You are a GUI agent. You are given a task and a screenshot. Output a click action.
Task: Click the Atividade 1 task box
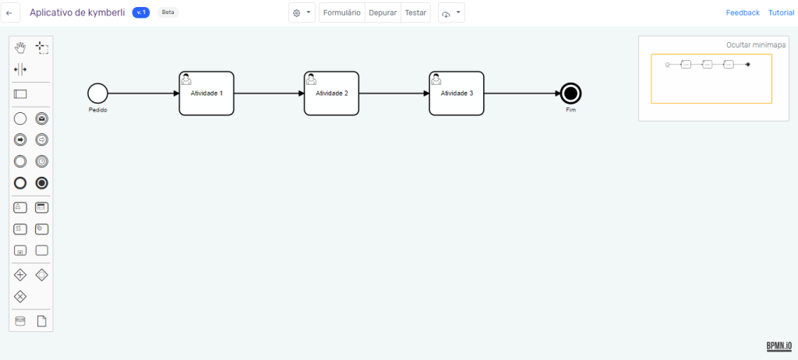click(207, 94)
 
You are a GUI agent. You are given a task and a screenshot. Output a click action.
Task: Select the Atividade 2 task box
click(331, 94)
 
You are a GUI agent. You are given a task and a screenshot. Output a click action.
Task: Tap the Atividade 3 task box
click(457, 94)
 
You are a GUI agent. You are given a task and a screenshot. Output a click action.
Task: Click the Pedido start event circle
click(97, 94)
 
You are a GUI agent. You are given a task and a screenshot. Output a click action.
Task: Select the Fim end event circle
click(570, 94)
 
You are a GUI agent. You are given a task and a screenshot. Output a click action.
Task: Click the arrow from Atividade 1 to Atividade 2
click(269, 94)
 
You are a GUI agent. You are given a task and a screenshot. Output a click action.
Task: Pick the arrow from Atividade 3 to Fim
click(521, 94)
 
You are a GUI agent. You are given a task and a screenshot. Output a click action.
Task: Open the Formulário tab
click(341, 13)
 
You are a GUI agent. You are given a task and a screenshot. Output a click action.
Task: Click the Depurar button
click(383, 13)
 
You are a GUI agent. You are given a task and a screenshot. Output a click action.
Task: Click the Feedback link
click(743, 13)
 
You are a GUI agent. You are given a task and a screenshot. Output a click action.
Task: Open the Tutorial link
click(781, 13)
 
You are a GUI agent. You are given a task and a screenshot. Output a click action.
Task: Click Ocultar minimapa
click(755, 45)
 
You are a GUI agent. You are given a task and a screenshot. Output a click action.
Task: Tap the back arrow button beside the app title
click(9, 13)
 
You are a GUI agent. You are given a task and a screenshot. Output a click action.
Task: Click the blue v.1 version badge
click(141, 12)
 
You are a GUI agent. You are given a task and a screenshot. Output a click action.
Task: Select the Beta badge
click(168, 12)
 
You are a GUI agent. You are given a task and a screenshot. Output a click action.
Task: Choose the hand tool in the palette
click(20, 48)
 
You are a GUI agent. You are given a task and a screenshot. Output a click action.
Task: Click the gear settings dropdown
click(300, 13)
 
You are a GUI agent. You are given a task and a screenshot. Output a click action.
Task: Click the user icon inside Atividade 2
click(311, 79)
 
